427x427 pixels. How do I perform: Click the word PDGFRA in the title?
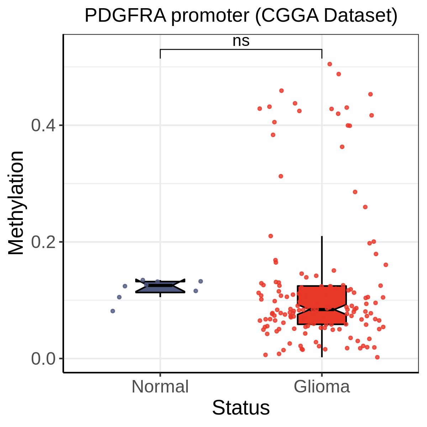[125, 16]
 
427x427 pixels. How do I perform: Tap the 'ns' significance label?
[241, 41]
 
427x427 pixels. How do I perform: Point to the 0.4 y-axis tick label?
[43, 125]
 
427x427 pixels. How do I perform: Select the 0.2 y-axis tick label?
[43, 242]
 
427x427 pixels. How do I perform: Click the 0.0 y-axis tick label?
[43, 359]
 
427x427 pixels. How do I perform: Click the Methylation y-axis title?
[16, 203]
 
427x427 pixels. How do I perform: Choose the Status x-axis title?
[241, 407]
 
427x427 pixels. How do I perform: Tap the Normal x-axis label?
[160, 386]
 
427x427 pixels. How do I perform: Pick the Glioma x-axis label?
[322, 386]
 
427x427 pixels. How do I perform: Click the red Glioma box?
[322, 305]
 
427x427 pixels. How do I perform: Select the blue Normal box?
[160, 286]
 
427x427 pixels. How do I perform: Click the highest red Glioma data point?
[330, 64]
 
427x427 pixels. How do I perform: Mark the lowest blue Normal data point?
[113, 311]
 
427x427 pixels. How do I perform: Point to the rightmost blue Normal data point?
[201, 281]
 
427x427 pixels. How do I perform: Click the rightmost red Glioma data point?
[386, 265]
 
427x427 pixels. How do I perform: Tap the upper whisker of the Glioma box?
[322, 261]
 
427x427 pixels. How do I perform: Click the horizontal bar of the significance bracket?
[241, 49]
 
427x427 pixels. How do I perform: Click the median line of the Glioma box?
[322, 309]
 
